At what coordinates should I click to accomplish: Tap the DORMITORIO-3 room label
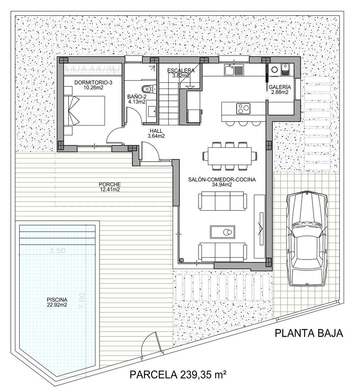point(93,85)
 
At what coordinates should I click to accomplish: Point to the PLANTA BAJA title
point(308,333)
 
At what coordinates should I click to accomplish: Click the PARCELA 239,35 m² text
point(178,374)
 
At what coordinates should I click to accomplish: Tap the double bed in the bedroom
point(86,110)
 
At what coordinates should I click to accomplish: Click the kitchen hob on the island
point(243,108)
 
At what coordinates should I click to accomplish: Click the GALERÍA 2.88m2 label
point(279,90)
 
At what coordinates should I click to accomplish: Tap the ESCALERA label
point(181,73)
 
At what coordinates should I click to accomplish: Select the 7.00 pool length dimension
point(82,300)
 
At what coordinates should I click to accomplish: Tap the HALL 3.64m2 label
point(157,134)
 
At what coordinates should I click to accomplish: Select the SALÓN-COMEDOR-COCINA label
point(222,182)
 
